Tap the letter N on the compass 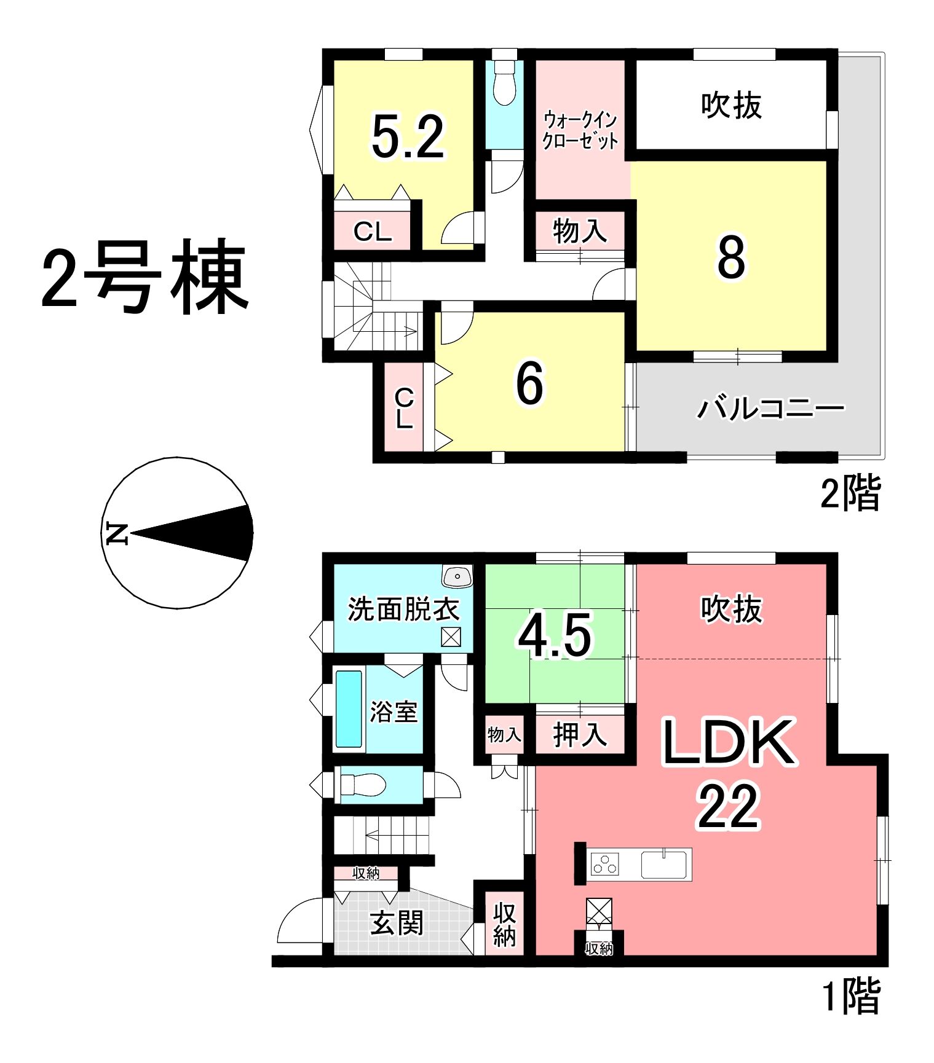pyautogui.click(x=116, y=533)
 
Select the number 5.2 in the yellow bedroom pyautogui.click(x=408, y=138)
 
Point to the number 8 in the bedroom pyautogui.click(x=731, y=257)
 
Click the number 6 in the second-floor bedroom pyautogui.click(x=529, y=383)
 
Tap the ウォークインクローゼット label pyautogui.click(x=580, y=130)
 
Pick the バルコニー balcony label pyautogui.click(x=771, y=407)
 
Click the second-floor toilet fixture pyautogui.click(x=504, y=83)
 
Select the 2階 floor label pyautogui.click(x=851, y=492)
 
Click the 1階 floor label pyautogui.click(x=852, y=995)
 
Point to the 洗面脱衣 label pyautogui.click(x=403, y=609)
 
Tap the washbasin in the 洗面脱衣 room pyautogui.click(x=457, y=576)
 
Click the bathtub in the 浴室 pyautogui.click(x=349, y=709)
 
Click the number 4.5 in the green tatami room pyautogui.click(x=555, y=635)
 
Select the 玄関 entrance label pyautogui.click(x=397, y=922)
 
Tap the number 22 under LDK pyautogui.click(x=728, y=807)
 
